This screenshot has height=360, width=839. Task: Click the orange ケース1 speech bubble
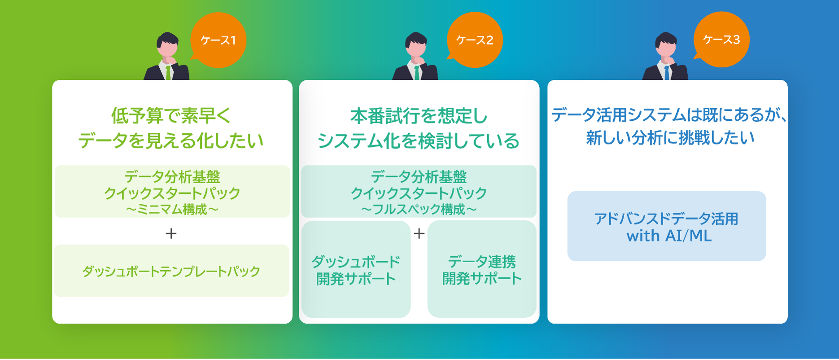[x=218, y=40]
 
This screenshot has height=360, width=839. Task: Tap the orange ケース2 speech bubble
[x=475, y=40]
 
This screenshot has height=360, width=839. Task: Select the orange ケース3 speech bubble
[x=721, y=40]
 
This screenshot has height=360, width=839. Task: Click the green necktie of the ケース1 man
[x=168, y=73]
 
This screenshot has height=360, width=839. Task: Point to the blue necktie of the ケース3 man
[x=667, y=73]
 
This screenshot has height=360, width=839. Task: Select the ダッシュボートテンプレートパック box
[x=171, y=271]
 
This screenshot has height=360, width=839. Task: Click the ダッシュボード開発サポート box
[x=356, y=269]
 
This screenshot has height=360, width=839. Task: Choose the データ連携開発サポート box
[x=482, y=269]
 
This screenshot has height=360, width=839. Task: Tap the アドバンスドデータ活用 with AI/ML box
[x=667, y=226]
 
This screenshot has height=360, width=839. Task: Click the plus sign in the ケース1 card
[x=171, y=233]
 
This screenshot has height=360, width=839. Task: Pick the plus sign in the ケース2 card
[x=419, y=233]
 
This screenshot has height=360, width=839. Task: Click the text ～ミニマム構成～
[x=172, y=210]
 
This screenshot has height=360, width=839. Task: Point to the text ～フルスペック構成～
[x=419, y=210]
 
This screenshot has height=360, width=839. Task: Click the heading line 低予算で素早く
[x=171, y=116]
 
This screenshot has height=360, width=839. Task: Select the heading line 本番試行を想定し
[x=419, y=116]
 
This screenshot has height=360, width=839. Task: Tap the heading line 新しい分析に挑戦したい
[x=670, y=137]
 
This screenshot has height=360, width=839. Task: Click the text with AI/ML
[x=669, y=236]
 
